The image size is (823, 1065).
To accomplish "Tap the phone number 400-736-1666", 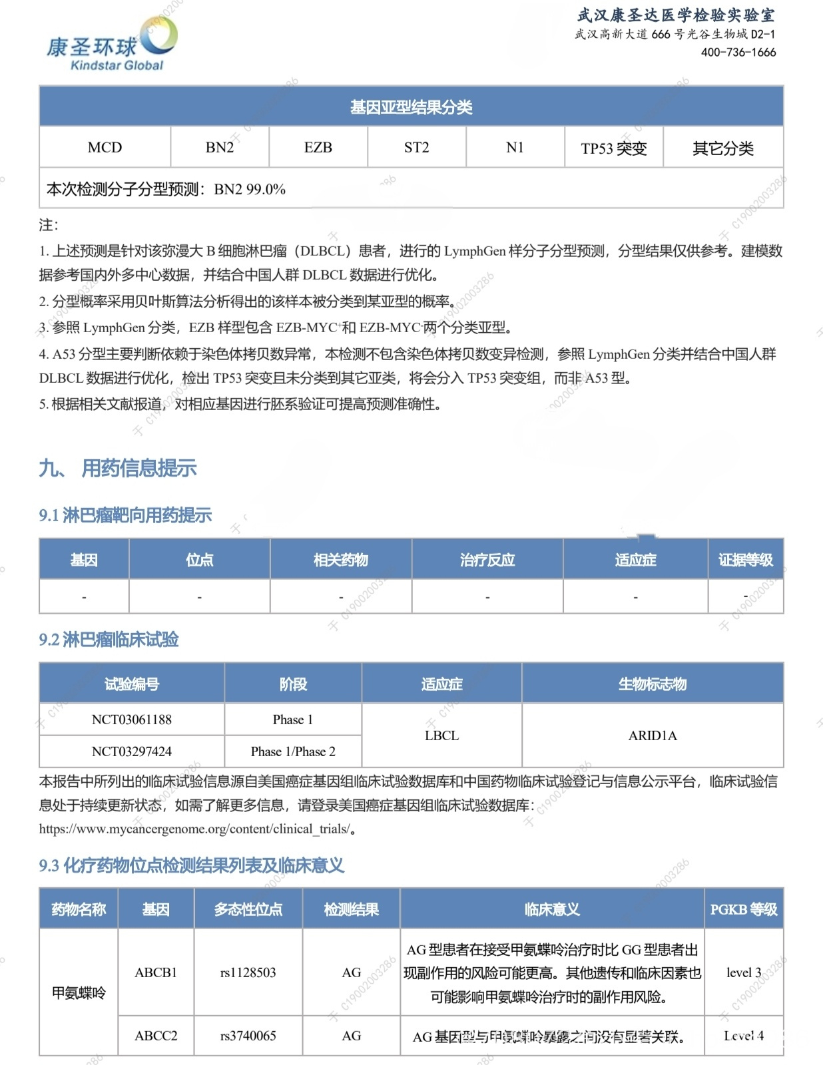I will click(x=738, y=52).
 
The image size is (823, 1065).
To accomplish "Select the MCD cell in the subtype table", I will click(x=105, y=147).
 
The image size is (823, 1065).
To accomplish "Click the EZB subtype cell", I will click(x=318, y=147).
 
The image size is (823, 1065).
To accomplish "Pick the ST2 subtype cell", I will click(x=416, y=147).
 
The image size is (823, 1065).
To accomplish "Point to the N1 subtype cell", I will click(x=515, y=147).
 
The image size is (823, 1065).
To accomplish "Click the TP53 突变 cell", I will click(x=613, y=148).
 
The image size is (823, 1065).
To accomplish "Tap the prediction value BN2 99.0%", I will click(x=250, y=189).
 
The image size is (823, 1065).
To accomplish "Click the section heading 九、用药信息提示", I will click(x=118, y=468).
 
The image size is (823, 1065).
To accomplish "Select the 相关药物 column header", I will click(x=341, y=560).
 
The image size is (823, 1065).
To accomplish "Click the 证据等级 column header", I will click(x=745, y=560).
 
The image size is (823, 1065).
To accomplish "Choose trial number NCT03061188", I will click(x=131, y=720).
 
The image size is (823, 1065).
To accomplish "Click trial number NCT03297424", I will click(x=131, y=751).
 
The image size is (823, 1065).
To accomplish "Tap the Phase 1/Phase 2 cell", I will click(x=293, y=751).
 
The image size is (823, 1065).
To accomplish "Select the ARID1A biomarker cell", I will click(x=653, y=736).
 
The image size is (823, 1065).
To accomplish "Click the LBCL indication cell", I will click(x=441, y=736).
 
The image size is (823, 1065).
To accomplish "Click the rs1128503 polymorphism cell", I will click(x=248, y=972).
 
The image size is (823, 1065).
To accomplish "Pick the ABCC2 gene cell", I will click(x=156, y=1036).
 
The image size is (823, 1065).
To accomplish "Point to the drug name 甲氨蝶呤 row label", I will click(x=79, y=993).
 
